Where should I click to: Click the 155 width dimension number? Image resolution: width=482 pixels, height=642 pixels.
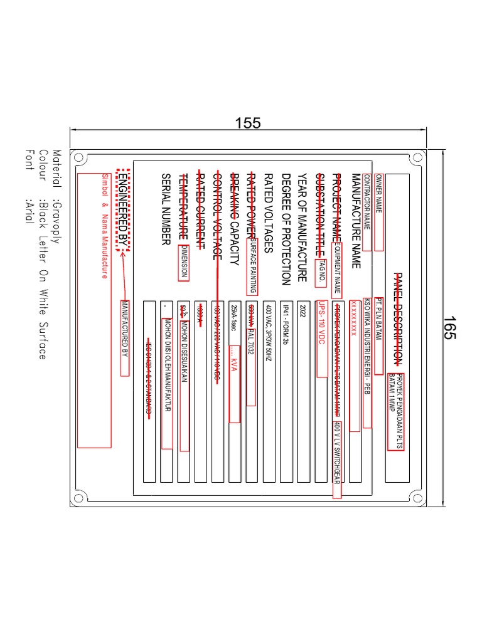point(248,123)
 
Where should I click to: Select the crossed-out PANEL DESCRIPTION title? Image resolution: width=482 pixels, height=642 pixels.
point(397,319)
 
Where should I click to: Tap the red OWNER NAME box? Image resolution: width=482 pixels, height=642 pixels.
point(378,212)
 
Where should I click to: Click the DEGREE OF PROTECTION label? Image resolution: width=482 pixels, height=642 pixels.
point(286,229)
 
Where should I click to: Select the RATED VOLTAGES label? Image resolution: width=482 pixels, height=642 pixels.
point(269,213)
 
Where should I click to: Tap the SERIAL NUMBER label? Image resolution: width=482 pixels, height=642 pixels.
point(166,209)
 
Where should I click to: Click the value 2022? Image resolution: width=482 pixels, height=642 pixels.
point(303,312)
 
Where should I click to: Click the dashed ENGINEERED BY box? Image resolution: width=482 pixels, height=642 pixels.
point(123,209)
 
